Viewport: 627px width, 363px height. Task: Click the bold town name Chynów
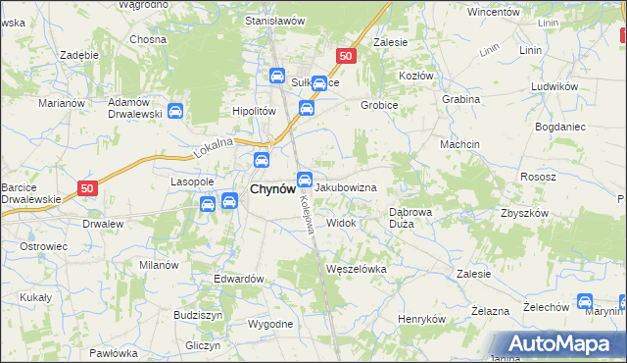coord(266,189)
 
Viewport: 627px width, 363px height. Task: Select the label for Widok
coord(341,223)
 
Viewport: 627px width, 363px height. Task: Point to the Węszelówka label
coord(357,268)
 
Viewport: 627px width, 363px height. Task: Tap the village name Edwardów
coord(239,279)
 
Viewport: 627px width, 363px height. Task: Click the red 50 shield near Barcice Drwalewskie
coord(87,187)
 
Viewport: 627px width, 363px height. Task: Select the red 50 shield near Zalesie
coord(344,57)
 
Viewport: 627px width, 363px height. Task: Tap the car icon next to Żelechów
coord(585,302)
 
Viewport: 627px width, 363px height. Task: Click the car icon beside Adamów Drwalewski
coord(175,112)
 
